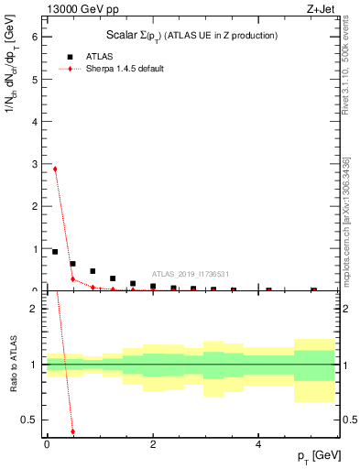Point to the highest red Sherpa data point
[55, 169]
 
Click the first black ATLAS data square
[55, 252]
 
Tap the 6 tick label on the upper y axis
[33, 38]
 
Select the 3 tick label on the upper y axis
[33, 164]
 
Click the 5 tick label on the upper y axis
[33, 80]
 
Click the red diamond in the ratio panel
[72, 431]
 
